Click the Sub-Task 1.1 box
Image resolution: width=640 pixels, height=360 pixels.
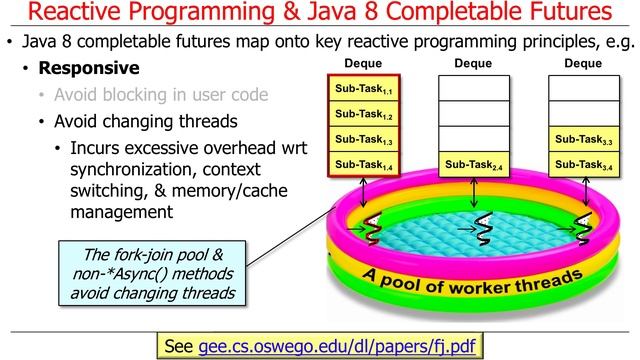[364, 90]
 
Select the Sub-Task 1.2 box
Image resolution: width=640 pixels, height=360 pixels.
[364, 115]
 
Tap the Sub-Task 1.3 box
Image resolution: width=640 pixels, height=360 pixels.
[364, 139]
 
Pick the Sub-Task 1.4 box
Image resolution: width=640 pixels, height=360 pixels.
[364, 163]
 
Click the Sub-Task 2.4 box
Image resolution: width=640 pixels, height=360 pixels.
[473, 163]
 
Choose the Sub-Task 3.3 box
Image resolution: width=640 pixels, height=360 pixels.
[583, 139]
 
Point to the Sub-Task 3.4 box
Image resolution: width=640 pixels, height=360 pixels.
[583, 163]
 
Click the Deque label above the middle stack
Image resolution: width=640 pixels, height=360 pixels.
[473, 64]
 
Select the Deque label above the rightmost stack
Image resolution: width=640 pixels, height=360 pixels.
[583, 64]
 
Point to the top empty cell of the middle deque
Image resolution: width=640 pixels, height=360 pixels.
[473, 90]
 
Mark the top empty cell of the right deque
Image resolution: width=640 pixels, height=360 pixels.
[583, 90]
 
